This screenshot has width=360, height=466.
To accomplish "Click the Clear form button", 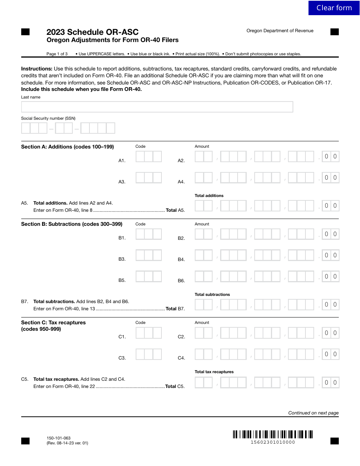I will [x=334, y=8].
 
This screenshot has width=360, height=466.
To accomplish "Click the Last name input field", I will [x=157, y=107].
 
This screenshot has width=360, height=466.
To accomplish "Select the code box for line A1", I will [x=149, y=156].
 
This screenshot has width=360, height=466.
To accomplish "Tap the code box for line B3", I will [x=149, y=255].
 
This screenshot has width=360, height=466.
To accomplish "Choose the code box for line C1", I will [x=149, y=333].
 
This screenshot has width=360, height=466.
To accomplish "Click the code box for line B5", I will [x=149, y=277].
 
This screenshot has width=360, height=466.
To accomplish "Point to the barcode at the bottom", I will [x=273, y=434].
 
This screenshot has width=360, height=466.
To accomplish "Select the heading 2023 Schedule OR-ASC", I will [x=92, y=32].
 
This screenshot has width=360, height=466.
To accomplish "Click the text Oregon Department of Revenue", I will [x=280, y=31].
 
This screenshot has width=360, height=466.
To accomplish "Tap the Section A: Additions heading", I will [x=67, y=147].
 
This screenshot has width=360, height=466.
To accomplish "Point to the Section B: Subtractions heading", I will [x=72, y=224].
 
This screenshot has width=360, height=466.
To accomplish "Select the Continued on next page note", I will [x=313, y=413].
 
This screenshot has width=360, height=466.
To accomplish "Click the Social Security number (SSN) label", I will [x=48, y=118].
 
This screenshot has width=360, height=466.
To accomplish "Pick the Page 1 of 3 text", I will [x=57, y=54].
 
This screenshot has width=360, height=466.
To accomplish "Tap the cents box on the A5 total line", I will [x=330, y=206].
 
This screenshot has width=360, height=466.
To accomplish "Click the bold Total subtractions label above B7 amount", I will [x=212, y=294].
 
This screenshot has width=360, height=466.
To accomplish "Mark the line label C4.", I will [x=181, y=358].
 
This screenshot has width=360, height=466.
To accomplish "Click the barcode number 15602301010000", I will [x=273, y=442].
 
